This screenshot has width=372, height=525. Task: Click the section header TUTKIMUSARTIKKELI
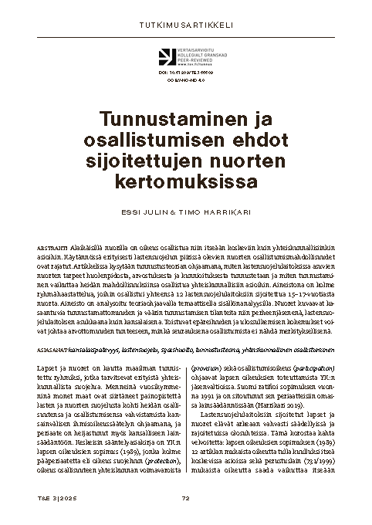tap(185, 24)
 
